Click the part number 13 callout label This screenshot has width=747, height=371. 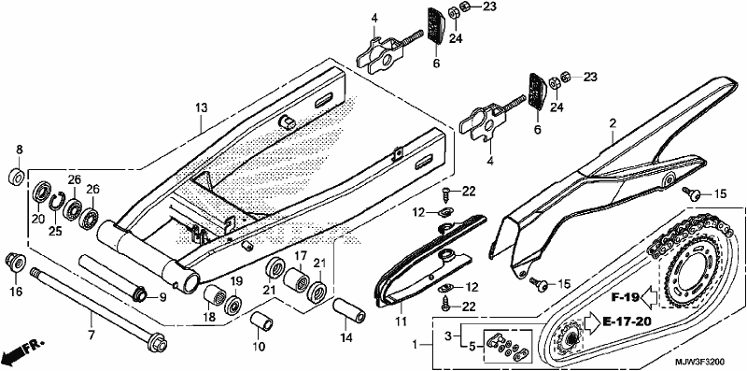point(202,107)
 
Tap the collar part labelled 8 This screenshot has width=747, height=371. point(17,177)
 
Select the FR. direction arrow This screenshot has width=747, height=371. point(22,350)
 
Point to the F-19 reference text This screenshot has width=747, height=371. point(625,297)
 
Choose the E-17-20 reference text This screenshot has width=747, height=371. point(627,321)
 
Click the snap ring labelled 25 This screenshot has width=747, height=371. point(57,201)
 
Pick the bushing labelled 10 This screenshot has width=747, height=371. point(261,322)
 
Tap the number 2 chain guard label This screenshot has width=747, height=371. point(613,123)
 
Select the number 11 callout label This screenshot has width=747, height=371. point(402,321)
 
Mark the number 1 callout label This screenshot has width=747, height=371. point(416,344)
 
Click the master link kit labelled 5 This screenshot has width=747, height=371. point(507,343)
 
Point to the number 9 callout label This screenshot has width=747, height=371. point(162,298)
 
